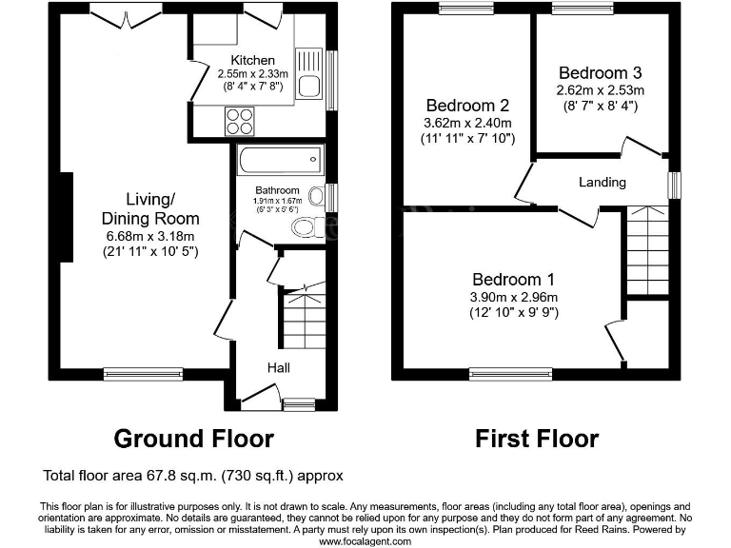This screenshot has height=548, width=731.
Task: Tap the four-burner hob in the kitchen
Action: (x=239, y=122)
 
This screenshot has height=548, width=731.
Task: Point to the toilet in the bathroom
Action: (x=307, y=226)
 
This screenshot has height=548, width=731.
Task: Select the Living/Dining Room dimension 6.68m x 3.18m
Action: (x=150, y=237)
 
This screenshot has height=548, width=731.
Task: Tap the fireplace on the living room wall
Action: (x=65, y=216)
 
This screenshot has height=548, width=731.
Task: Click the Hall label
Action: (x=278, y=367)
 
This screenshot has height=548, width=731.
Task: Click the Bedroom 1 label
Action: (x=513, y=280)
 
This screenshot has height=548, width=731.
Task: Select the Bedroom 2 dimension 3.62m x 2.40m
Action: (x=466, y=123)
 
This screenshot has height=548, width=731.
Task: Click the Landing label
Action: (x=602, y=182)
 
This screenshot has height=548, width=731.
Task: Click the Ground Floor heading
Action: (x=193, y=439)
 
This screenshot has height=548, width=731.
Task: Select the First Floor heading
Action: (x=537, y=439)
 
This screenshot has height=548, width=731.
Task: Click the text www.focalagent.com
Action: (x=365, y=540)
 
